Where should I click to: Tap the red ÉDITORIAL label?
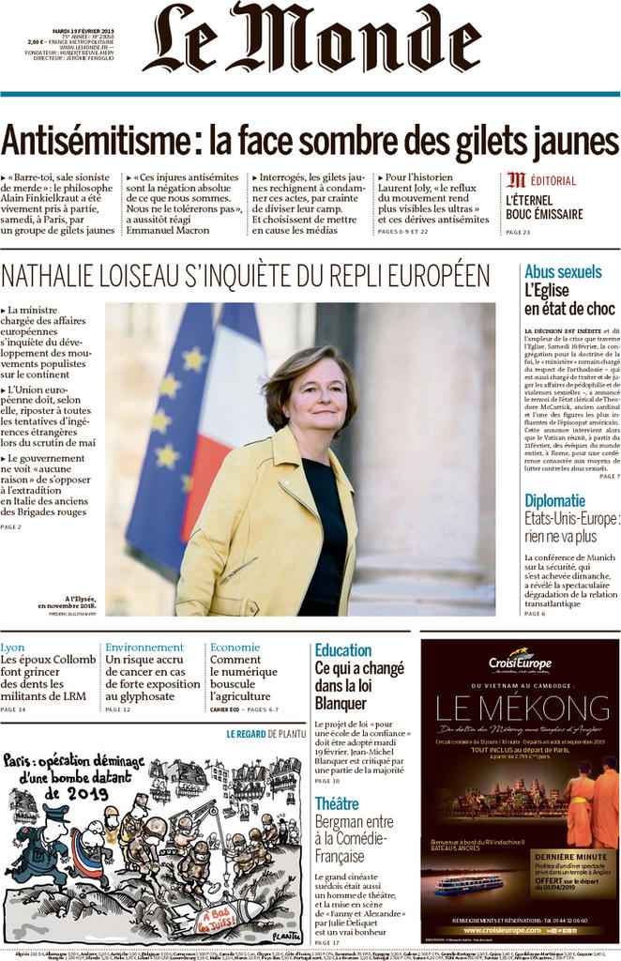553,180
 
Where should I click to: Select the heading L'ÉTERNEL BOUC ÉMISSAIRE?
544,207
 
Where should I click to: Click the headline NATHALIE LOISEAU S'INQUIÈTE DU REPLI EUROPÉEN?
246,276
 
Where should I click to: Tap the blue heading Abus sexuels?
563,272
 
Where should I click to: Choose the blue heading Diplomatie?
554,500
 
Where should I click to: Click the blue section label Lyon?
13,648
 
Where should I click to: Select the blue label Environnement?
144,648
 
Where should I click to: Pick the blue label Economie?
235,648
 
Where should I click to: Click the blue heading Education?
343,650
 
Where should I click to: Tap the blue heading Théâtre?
337,803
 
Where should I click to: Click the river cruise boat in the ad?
469,884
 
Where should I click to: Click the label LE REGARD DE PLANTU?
265,734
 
